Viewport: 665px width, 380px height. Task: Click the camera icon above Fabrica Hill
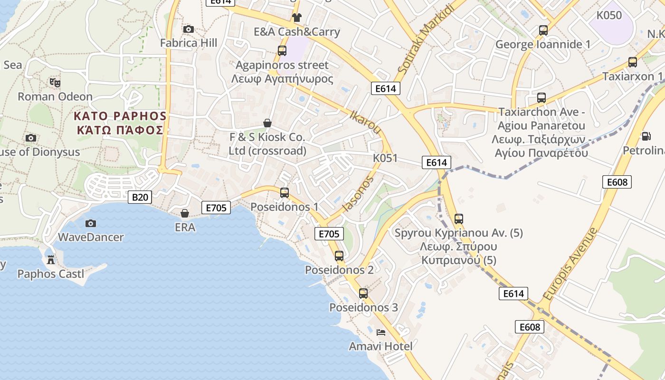pos(188,29)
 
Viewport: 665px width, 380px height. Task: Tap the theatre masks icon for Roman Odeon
pos(55,83)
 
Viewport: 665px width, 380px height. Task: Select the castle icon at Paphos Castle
pos(51,260)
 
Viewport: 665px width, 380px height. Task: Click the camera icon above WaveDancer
pos(90,223)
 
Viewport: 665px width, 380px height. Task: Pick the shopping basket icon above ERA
pos(185,213)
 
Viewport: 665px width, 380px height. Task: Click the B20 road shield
pos(140,197)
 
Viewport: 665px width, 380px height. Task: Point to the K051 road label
pos(385,158)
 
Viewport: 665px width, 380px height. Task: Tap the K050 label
pos(609,15)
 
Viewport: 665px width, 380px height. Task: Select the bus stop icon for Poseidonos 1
pos(285,193)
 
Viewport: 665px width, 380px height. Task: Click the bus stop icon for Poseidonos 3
pos(363,294)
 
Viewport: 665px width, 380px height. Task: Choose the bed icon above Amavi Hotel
pos(380,332)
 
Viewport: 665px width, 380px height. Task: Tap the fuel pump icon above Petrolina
pos(646,136)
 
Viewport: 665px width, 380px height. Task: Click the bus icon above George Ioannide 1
pos(543,30)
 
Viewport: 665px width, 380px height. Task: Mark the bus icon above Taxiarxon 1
pos(633,62)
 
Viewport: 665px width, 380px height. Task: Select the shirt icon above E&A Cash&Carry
pos(297,18)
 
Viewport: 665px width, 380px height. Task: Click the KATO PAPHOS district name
pos(120,116)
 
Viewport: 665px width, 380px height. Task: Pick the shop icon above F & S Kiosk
pos(267,123)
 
